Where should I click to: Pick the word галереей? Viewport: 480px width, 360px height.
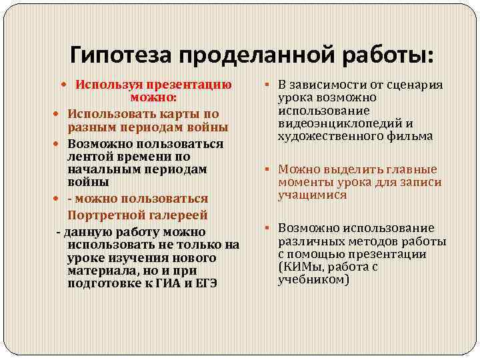[174, 215]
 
